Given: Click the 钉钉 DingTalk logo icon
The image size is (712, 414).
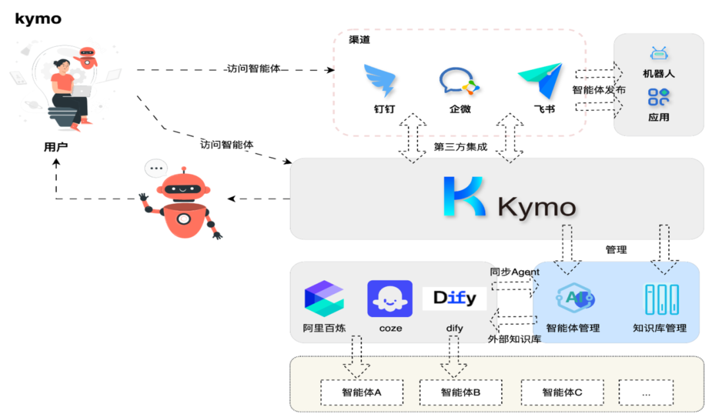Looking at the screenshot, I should pos(380,80).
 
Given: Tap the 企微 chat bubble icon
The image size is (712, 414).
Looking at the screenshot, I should pos(460,82).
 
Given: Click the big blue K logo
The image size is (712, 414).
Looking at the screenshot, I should pos(464,196).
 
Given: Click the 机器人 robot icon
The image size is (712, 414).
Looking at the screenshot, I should pos(658,54).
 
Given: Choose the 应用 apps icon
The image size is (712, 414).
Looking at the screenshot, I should pos(658,98).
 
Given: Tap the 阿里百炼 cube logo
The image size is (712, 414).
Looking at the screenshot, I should pos(324,298).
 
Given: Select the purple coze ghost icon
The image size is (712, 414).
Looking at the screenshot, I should pos(390,299).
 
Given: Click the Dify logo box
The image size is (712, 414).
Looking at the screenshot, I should pos(454,299).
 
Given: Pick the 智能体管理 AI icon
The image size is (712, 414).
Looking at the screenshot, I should pos(574,299).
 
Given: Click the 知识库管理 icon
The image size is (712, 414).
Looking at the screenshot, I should pos(661,299).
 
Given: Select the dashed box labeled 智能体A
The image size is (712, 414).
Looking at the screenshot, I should pos(361,392).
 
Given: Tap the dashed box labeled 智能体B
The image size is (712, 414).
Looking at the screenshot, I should pos(460,392).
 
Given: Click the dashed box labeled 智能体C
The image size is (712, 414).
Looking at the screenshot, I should pos(562,392).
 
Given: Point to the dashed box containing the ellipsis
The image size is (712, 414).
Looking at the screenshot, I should pos(645,392).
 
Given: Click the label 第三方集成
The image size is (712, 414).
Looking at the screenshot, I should pos(460,146).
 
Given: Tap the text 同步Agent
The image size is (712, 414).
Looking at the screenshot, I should pos(514,272).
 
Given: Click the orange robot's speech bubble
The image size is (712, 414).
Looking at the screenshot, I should pos(156,168).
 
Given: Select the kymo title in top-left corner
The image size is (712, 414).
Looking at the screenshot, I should pos(38,18).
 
